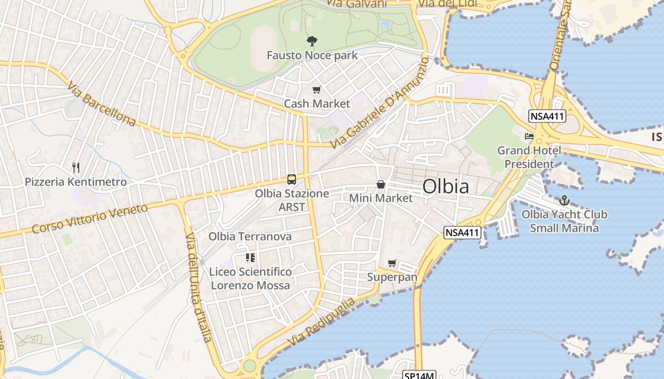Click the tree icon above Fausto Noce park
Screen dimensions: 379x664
pyautogui.click(x=312, y=41)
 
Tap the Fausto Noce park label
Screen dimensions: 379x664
pyautogui.click(x=312, y=55)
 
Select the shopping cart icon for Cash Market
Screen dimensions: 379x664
pyautogui.click(x=316, y=90)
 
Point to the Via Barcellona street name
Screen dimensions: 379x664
pyautogui.click(x=101, y=104)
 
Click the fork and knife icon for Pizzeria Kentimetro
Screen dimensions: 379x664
pyautogui.click(x=75, y=167)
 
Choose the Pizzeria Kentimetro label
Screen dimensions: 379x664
pyautogui.click(x=76, y=182)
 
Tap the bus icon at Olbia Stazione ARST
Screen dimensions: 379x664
pyautogui.click(x=292, y=180)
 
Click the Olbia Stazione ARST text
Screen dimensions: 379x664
pyautogui.click(x=292, y=200)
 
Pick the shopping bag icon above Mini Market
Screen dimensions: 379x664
pyautogui.click(x=380, y=184)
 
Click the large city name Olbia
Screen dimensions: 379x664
pyautogui.click(x=445, y=187)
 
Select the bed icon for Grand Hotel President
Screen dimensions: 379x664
pyautogui.click(x=529, y=136)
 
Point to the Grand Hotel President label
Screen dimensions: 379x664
pyautogui.click(x=529, y=157)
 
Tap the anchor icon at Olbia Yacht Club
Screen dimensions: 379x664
pyautogui.click(x=564, y=200)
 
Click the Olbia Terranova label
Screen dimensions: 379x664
pyautogui.click(x=250, y=236)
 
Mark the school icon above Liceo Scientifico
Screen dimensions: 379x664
pyautogui.click(x=250, y=258)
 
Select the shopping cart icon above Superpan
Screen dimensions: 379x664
pyautogui.click(x=392, y=263)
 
